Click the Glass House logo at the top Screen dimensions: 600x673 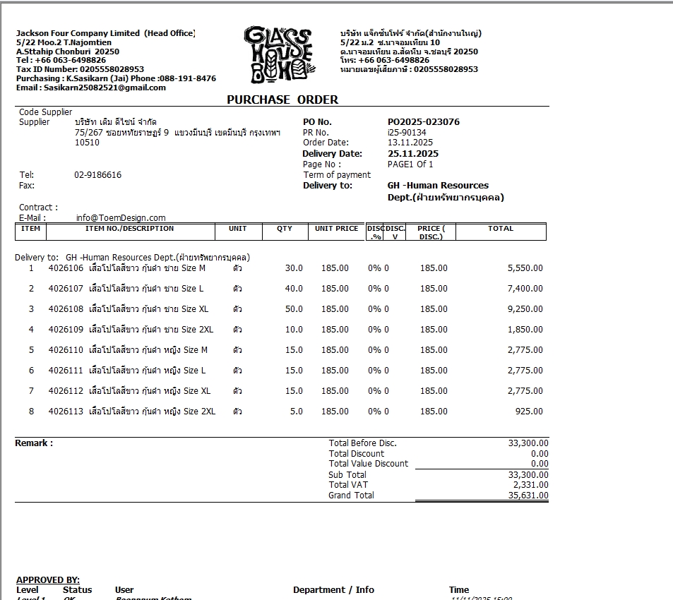pyautogui.click(x=278, y=55)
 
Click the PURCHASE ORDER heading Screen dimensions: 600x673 pyautogui.click(x=282, y=100)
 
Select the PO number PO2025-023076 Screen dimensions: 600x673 pyautogui.click(x=424, y=122)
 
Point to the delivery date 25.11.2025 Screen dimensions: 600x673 pyautogui.click(x=413, y=154)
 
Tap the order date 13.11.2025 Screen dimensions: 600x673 pyautogui.click(x=410, y=143)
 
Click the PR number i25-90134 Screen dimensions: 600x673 pyautogui.click(x=407, y=132)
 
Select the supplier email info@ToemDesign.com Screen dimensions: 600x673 pyautogui.click(x=121, y=218)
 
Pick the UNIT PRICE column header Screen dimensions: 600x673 pyautogui.click(x=336, y=229)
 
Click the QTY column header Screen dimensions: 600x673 pyautogui.click(x=285, y=229)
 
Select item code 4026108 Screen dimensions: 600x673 pyautogui.click(x=66, y=309)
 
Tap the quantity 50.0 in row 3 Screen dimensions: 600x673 pyautogui.click(x=294, y=309)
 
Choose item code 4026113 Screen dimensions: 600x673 pyautogui.click(x=66, y=412)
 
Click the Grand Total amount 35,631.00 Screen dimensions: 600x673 pyautogui.click(x=528, y=496)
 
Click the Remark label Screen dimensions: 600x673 pyautogui.click(x=34, y=443)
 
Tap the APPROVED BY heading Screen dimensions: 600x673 pyautogui.click(x=48, y=580)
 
